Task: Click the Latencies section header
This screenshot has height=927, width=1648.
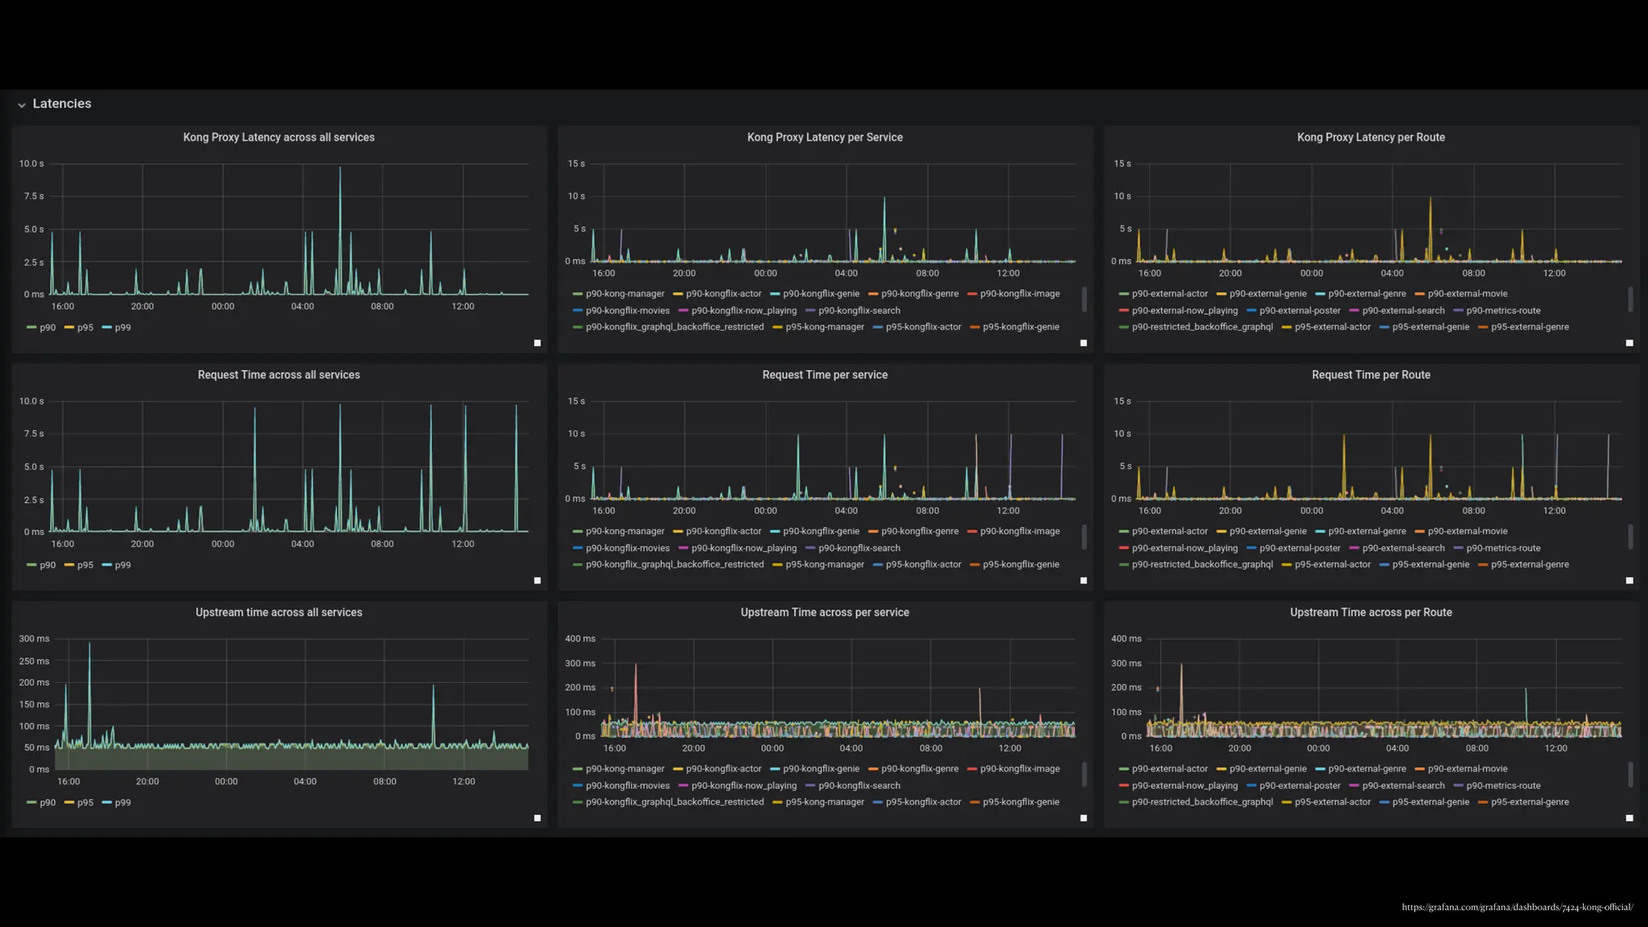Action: (62, 104)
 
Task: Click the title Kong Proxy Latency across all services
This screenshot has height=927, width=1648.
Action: (278, 138)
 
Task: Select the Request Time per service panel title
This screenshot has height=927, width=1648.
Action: (825, 375)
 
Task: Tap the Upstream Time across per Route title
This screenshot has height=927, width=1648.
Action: (1370, 612)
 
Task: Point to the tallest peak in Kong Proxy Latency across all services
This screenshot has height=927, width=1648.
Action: (340, 168)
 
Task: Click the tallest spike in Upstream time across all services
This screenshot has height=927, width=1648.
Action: (89, 644)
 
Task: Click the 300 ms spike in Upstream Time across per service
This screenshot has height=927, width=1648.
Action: (636, 665)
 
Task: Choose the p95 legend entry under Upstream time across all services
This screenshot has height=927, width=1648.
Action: (84, 802)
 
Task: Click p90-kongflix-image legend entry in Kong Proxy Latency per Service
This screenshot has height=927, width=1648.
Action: (1020, 294)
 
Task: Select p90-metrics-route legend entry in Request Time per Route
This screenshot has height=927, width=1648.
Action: (1502, 548)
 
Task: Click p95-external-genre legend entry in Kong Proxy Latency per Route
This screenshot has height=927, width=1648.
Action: (1529, 327)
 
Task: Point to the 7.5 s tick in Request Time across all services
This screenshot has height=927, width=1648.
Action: (34, 434)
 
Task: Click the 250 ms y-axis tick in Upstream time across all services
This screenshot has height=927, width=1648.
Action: (34, 661)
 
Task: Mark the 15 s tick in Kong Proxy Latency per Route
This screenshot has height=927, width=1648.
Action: (1122, 163)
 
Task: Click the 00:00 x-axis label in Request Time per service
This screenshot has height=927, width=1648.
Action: (765, 511)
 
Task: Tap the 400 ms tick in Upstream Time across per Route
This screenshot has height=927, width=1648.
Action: (1126, 639)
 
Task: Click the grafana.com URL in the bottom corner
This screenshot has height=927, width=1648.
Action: (1517, 907)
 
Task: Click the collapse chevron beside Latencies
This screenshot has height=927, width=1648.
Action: (22, 105)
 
